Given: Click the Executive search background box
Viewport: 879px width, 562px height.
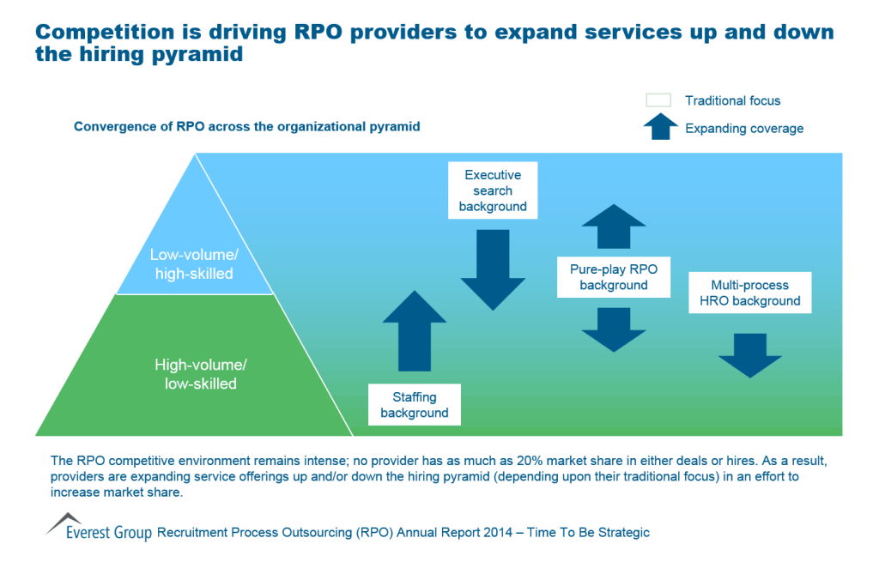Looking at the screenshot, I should point(493,190).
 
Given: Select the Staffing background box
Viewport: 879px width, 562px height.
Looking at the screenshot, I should point(415,405).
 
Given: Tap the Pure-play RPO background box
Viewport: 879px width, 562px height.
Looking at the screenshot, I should point(613,276).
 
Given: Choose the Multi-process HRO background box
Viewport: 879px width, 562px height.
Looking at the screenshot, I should point(749,293).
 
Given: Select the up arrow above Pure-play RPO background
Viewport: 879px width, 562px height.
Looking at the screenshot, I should point(613,227).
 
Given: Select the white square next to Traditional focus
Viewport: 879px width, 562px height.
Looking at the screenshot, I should point(658,100).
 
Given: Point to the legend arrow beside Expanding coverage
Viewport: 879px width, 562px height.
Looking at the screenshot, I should point(658,127).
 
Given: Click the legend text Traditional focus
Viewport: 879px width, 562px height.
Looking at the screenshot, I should point(732,100).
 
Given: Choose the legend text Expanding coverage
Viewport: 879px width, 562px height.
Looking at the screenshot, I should point(743,128).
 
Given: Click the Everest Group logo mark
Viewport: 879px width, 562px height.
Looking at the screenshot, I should point(64,522).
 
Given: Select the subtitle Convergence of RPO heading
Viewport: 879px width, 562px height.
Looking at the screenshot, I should point(246,126).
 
